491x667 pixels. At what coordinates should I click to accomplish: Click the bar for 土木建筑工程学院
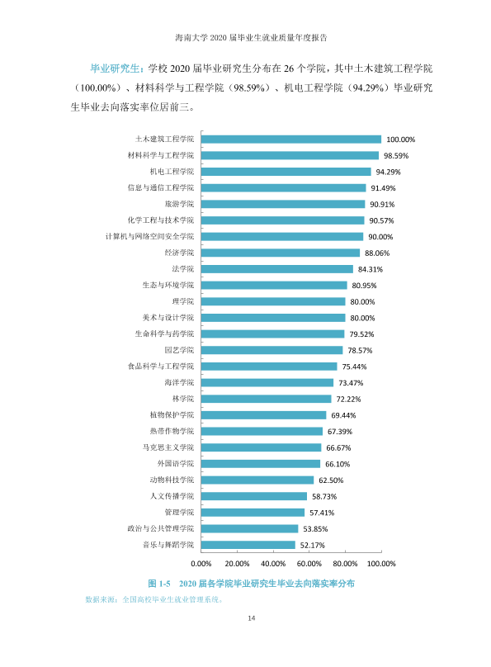(x=291, y=140)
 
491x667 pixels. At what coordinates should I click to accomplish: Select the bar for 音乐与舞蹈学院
(x=248, y=545)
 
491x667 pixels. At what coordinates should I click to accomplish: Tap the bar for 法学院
(x=277, y=269)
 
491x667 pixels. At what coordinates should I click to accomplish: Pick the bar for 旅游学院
(x=283, y=204)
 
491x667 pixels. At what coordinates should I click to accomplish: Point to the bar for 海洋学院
(x=267, y=383)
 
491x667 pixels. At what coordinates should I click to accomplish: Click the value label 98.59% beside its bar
(x=396, y=156)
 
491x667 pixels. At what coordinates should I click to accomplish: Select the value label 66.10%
(x=338, y=464)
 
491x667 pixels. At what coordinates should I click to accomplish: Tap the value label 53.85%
(x=315, y=529)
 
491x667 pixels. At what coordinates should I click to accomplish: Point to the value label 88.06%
(x=377, y=253)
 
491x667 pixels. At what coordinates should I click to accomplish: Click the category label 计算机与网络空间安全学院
(x=149, y=237)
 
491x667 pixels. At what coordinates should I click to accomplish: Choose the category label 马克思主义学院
(x=168, y=447)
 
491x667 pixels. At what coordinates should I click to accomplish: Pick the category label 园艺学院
(x=179, y=350)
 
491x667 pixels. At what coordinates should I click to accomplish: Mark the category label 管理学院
(x=179, y=512)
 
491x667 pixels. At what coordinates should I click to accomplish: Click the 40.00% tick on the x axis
(x=273, y=564)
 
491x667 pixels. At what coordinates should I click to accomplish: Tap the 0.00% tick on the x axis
(x=201, y=564)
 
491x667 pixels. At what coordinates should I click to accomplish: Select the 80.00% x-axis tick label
(x=345, y=564)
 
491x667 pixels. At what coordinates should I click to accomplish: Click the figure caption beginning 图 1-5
(x=251, y=584)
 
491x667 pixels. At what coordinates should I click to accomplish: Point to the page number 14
(x=251, y=618)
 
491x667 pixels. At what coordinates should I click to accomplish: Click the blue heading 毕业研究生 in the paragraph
(x=115, y=69)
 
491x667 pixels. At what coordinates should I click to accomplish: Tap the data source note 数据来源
(x=154, y=600)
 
